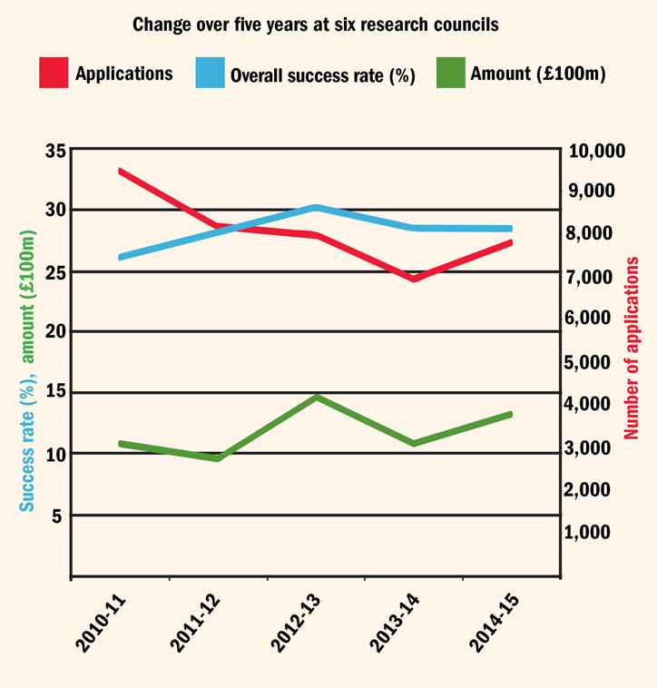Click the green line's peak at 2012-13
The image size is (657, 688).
pos(316,398)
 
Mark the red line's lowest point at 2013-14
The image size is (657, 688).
pos(414,279)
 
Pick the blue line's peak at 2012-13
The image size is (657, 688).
pos(316,208)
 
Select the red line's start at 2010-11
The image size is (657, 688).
pos(121,171)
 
